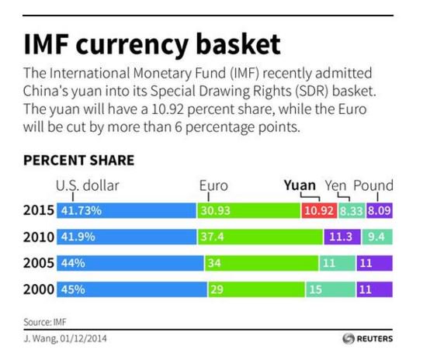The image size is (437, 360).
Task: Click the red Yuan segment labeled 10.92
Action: pyautogui.click(x=317, y=210)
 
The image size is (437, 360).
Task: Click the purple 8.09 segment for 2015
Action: pyautogui.click(x=380, y=210)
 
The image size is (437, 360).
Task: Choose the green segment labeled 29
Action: pyautogui.click(x=255, y=289)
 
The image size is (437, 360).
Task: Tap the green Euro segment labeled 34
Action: pyautogui.click(x=261, y=263)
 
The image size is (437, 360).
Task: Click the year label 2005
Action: pyautogui.click(x=38, y=263)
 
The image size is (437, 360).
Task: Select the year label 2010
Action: pyautogui.click(x=38, y=237)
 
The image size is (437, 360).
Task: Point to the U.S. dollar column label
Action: pyautogui.click(x=87, y=185)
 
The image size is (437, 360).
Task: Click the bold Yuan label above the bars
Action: pyautogui.click(x=300, y=185)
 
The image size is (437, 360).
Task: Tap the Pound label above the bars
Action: pyautogui.click(x=373, y=185)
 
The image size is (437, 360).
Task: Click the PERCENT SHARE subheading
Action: pyautogui.click(x=78, y=161)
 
